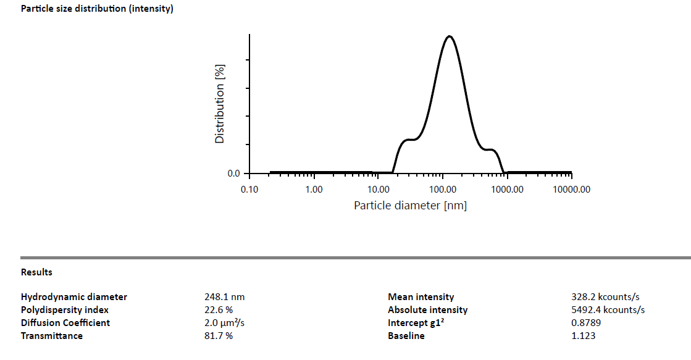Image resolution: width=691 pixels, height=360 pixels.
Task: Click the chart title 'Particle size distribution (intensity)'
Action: [97, 9]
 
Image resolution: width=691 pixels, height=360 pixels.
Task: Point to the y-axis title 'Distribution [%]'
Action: [220, 104]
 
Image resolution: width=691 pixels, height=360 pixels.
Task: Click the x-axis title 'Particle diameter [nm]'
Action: [410, 205]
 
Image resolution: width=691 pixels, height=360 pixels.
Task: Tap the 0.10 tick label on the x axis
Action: [249, 189]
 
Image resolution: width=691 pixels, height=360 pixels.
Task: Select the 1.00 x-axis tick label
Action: [314, 189]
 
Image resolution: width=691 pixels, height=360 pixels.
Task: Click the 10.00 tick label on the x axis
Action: [378, 189]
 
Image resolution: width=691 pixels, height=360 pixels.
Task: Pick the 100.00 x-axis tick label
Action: [442, 189]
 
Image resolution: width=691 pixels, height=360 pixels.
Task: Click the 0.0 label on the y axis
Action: [234, 174]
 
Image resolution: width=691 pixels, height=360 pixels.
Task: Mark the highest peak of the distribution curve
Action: [449, 36]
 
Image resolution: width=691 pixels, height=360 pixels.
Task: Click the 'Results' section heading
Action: [36, 272]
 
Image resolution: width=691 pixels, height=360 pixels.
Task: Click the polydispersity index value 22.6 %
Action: [219, 310]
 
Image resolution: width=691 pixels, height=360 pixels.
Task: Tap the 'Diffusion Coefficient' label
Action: [65, 323]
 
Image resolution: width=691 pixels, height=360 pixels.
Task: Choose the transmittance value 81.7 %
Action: [219, 336]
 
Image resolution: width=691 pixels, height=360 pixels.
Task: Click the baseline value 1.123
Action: [584, 336]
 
